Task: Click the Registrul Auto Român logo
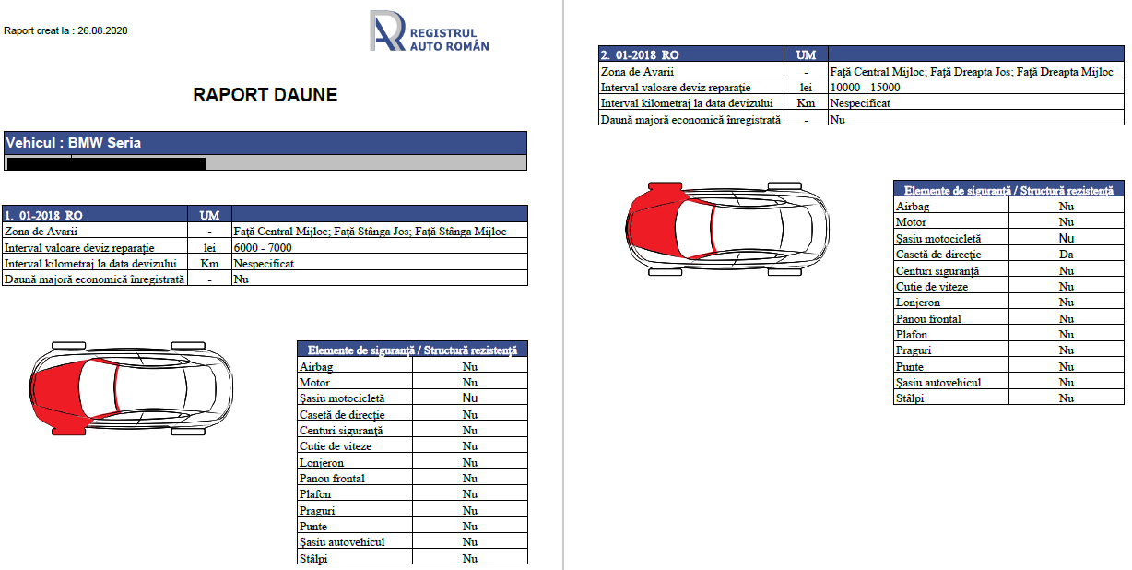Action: point(429,32)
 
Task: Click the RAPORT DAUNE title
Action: point(265,95)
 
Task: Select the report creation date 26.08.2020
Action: point(102,30)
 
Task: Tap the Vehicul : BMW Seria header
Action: point(74,143)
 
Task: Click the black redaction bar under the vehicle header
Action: point(105,164)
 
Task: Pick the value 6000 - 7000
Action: point(263,248)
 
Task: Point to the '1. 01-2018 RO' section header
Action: point(43,215)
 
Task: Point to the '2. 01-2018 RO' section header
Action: point(640,55)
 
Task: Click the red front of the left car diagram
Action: point(55,387)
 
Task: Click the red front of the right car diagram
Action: point(650,226)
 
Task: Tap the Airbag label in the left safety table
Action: point(317,367)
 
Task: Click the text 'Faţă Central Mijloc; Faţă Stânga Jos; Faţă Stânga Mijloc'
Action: point(370,232)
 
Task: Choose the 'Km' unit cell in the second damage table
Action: point(806,103)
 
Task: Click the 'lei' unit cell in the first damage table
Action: point(209,248)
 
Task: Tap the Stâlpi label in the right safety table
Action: point(910,398)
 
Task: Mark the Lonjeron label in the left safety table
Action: point(322,463)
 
